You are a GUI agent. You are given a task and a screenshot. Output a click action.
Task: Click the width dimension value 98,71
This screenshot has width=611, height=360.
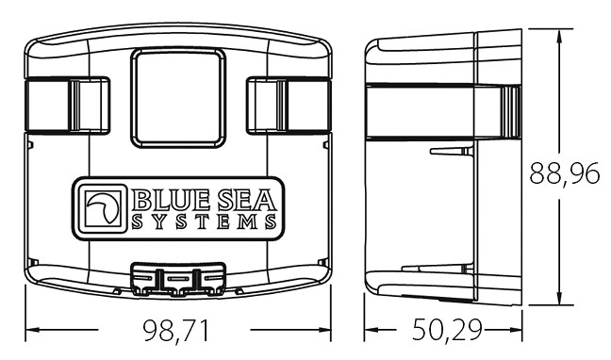point(175,331)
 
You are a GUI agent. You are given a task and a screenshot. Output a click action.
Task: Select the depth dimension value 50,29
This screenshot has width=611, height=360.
point(447,330)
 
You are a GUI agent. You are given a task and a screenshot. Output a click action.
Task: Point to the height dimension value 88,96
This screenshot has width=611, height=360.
point(565,173)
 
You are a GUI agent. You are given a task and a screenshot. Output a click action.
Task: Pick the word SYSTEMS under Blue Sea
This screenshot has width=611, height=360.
point(205,221)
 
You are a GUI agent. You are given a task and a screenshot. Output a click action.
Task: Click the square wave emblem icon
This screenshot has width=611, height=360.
point(103,208)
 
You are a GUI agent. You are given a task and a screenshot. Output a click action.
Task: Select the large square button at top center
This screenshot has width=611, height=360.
point(178,98)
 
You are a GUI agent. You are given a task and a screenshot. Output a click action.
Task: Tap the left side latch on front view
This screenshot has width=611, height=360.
point(67,106)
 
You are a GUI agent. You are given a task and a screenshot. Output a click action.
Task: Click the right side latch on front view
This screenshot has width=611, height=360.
point(289,106)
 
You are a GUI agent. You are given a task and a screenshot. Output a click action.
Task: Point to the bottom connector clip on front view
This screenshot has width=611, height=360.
point(178,279)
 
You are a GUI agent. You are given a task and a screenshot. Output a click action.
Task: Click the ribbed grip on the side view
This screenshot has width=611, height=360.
point(511,112)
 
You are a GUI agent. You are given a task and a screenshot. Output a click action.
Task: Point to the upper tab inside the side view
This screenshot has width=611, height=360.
point(452,151)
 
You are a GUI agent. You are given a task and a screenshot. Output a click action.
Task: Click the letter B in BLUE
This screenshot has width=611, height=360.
point(140,201)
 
